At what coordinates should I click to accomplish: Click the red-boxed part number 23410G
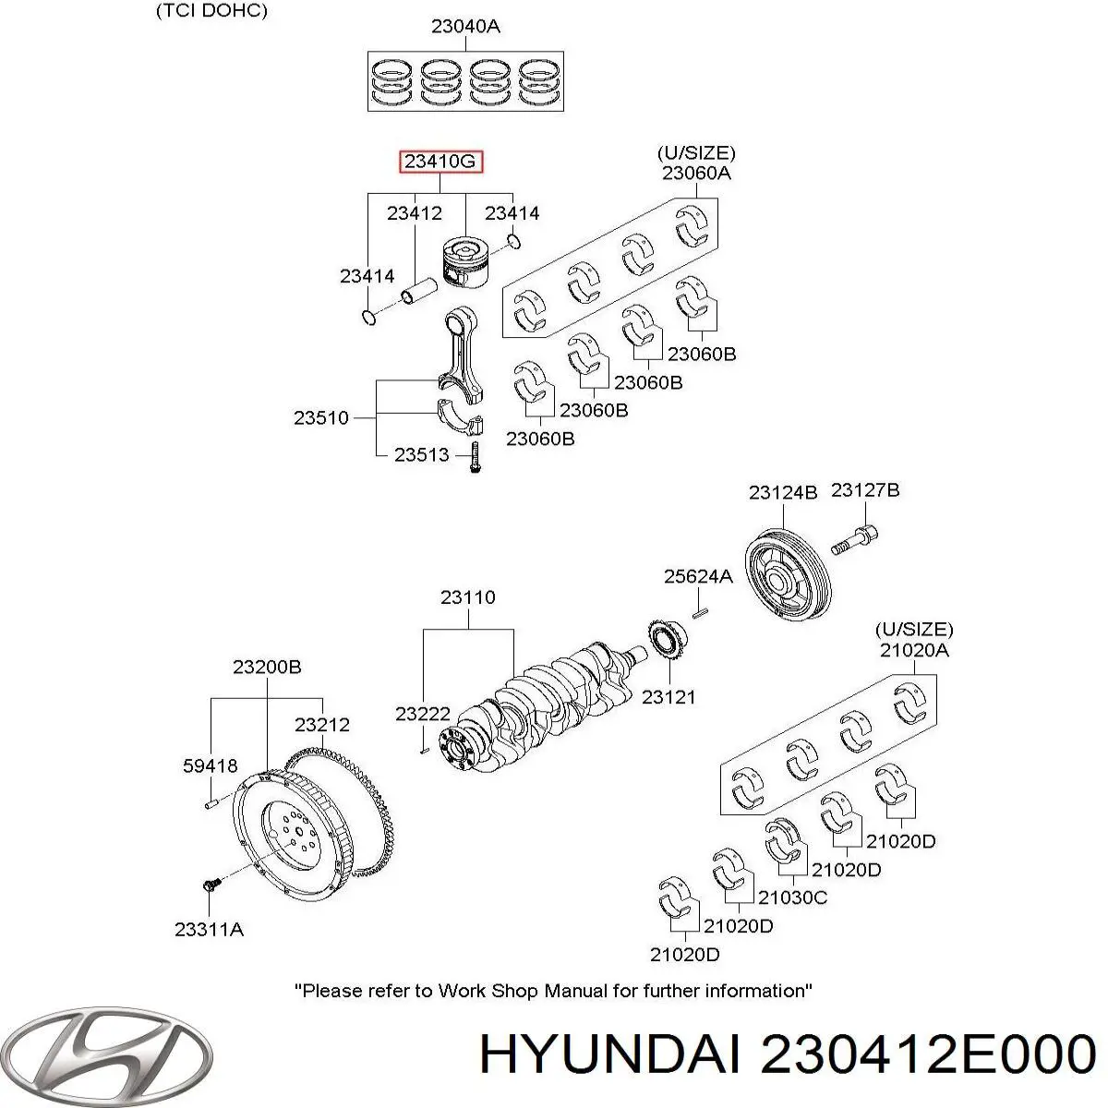440,163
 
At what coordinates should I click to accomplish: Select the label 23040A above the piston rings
465,26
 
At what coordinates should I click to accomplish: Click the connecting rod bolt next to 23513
474,457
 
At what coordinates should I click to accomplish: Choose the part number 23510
321,417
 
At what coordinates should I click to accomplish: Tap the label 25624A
698,576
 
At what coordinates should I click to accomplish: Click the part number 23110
467,597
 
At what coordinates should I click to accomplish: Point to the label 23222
423,713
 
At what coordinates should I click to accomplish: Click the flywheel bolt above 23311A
209,885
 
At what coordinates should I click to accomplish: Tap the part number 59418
211,765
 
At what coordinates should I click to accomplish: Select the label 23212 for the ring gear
322,725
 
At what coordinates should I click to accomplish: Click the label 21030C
792,897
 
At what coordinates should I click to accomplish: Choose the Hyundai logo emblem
108,1053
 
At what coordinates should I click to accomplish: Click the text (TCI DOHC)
211,11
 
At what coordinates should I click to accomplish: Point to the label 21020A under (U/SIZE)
914,649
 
